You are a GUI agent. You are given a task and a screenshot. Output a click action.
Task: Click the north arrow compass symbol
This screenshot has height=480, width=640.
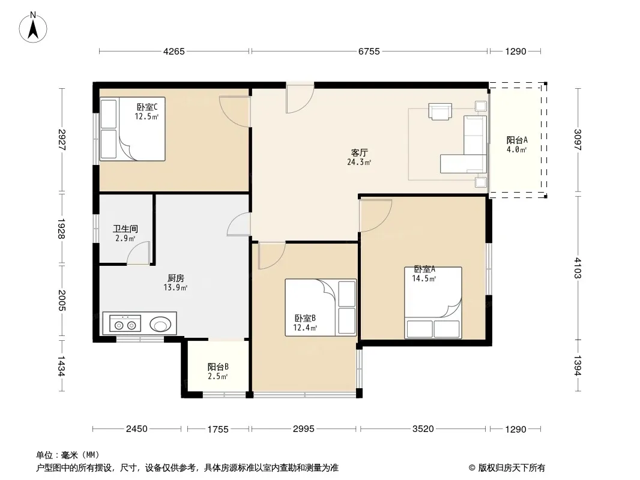33,28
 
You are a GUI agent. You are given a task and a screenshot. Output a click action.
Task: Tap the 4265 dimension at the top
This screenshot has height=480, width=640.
174,52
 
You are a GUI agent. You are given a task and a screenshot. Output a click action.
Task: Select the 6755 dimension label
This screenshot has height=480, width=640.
369,52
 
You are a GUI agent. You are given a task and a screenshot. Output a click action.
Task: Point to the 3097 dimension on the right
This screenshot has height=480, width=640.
577,139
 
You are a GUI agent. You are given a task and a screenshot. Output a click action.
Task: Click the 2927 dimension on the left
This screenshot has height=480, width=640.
62,139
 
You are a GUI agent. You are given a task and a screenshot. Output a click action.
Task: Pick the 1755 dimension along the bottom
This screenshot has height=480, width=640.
217,429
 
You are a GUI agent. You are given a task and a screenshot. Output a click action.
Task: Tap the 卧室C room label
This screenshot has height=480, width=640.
147,107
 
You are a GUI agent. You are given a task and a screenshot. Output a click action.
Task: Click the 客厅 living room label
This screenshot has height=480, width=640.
359,152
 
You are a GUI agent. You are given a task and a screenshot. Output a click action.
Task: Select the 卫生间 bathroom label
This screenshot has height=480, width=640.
125,229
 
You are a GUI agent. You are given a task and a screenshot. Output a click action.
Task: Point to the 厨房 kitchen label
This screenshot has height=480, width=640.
175,278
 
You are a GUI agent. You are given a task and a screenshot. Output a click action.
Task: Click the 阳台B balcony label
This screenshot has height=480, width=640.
218,367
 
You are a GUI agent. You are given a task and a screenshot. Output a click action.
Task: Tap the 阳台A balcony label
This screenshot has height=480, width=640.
517,140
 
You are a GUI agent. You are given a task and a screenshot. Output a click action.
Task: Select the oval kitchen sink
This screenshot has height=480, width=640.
160,325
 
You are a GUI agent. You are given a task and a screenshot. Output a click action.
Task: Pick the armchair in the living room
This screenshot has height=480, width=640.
440,112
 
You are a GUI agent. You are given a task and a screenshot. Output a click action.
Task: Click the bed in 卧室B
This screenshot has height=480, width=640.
321,307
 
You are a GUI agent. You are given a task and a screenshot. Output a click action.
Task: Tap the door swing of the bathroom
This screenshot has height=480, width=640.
139,253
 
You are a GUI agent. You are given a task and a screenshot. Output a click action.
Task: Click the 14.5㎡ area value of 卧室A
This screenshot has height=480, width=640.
424,278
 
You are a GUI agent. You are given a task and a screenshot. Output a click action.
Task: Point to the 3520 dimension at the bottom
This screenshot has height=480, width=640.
423,429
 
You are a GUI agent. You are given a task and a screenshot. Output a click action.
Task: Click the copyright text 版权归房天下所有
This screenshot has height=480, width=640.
511,468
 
